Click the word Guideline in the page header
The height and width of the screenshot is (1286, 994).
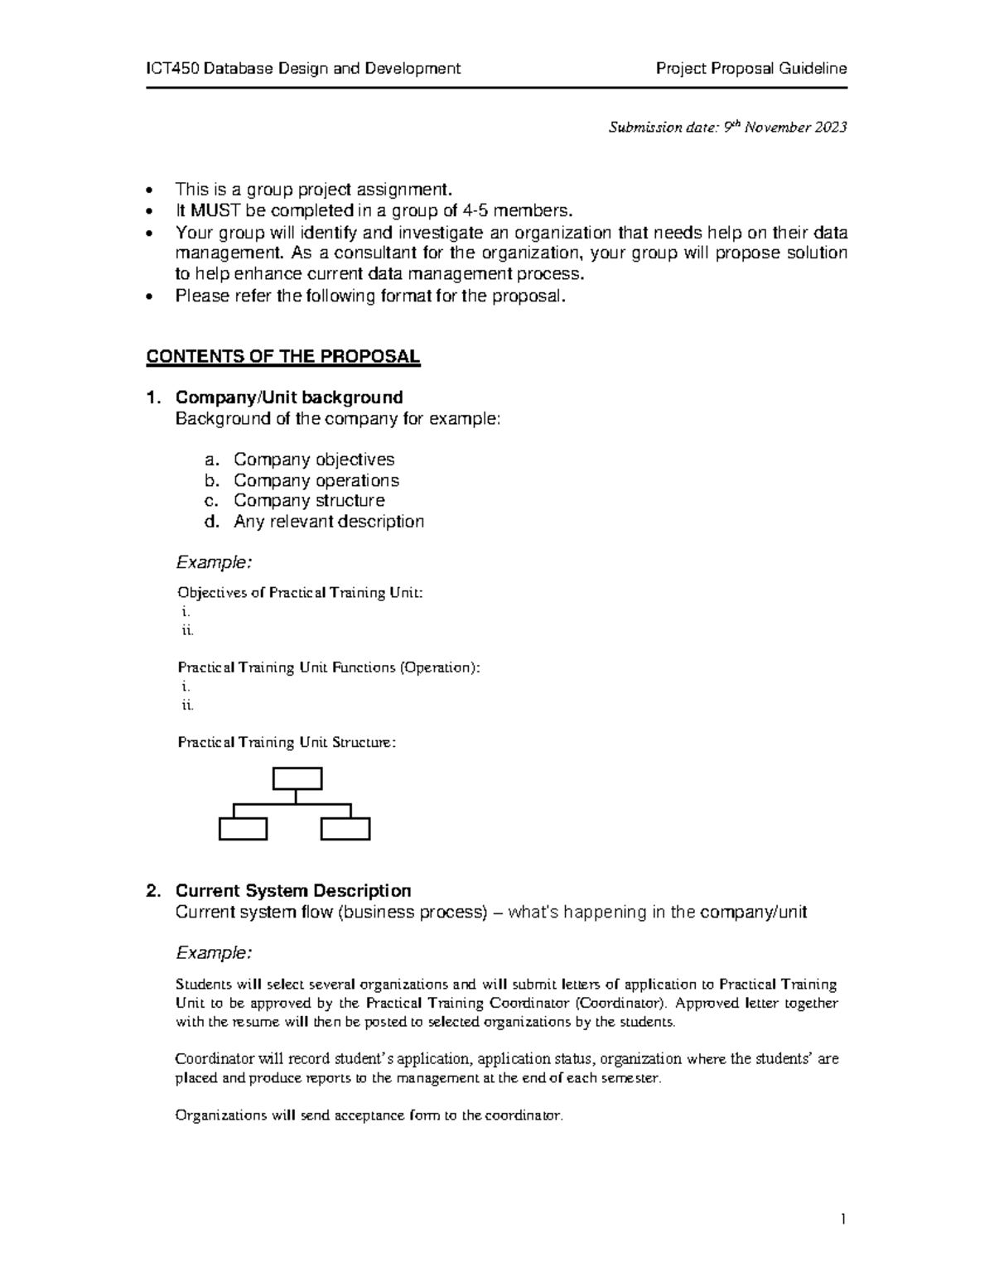click(x=812, y=69)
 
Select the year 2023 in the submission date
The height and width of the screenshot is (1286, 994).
click(x=831, y=128)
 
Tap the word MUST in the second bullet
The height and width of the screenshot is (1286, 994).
click(x=215, y=210)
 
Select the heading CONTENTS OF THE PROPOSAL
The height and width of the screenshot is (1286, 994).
click(x=282, y=357)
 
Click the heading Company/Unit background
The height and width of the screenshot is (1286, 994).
click(x=289, y=397)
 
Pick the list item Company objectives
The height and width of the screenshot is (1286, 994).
click(x=314, y=460)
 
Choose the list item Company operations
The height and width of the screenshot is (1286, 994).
click(x=316, y=480)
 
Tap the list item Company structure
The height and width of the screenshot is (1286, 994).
click(x=309, y=501)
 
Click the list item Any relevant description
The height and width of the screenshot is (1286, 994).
click(x=329, y=522)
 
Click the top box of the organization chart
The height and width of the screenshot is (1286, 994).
click(x=297, y=779)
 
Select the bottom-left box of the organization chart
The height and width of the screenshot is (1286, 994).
click(x=243, y=829)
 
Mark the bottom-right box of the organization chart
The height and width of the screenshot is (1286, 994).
click(x=345, y=829)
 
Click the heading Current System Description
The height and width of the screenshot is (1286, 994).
click(x=293, y=891)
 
